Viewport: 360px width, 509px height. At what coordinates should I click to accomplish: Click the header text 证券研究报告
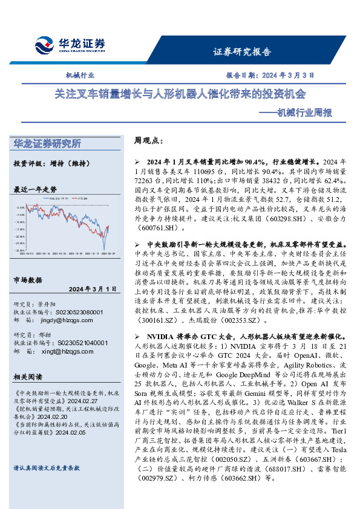point(242,52)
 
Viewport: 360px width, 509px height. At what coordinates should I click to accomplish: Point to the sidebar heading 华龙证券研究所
point(47,143)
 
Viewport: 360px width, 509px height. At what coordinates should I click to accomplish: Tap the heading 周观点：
point(148,140)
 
